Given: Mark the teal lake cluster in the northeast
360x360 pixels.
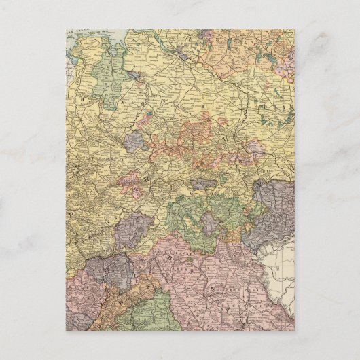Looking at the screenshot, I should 268,51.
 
